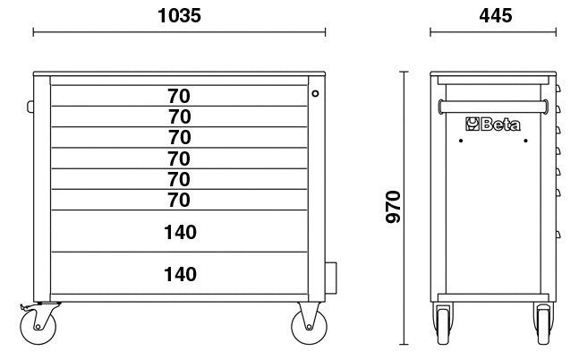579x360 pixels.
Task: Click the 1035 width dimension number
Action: [179, 15]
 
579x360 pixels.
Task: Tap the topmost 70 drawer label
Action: [179, 95]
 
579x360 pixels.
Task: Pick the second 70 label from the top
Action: [179, 116]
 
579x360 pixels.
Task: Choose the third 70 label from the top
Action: [179, 137]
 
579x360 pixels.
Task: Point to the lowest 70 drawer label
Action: [179, 199]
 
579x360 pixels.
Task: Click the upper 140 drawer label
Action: [179, 232]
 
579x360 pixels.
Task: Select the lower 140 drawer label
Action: [179, 273]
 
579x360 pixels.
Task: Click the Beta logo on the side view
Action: [488, 124]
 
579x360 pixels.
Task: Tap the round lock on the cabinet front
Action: [315, 92]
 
